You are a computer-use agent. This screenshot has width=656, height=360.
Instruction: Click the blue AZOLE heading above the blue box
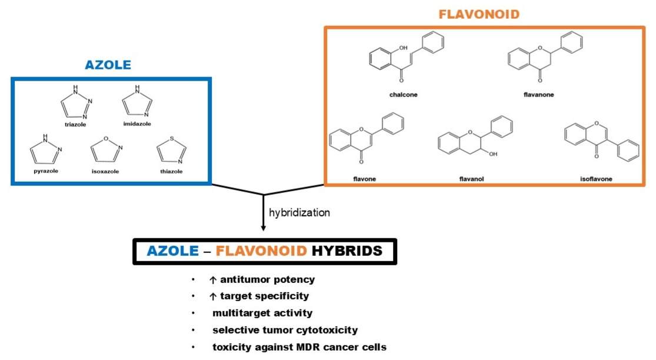[x=108, y=65]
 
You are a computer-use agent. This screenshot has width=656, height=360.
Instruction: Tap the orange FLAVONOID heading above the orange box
[x=479, y=14]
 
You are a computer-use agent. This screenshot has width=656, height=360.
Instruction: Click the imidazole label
[x=136, y=124]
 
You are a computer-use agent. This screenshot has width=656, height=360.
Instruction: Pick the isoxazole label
[x=105, y=171]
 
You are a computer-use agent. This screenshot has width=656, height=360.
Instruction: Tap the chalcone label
[x=403, y=94]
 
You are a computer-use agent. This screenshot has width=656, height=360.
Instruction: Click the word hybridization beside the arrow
[x=299, y=212]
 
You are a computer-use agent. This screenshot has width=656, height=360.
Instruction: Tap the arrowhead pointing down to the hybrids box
[x=263, y=228]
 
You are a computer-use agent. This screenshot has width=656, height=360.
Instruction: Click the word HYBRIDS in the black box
[x=347, y=251]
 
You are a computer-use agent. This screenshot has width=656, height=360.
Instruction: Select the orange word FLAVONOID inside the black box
[x=261, y=251]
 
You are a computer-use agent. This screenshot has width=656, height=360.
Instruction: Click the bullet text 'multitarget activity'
[x=262, y=313]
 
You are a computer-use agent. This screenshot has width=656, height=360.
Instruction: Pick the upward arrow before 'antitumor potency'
[x=213, y=280]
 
